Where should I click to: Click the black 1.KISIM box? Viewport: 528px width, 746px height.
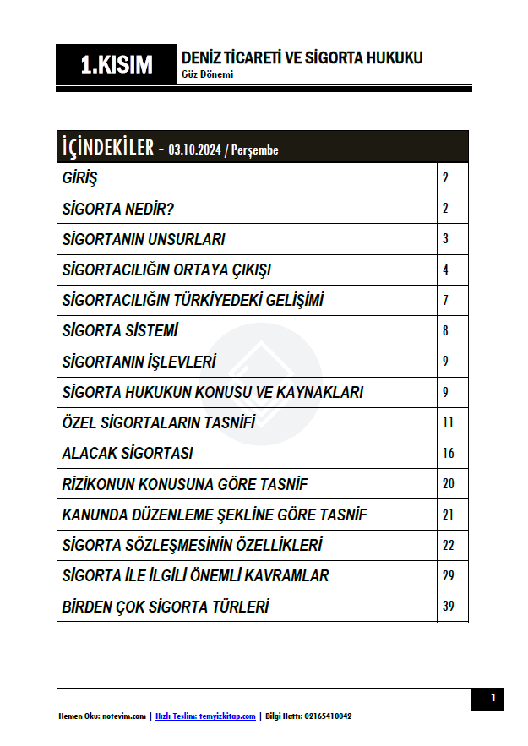pyautogui.click(x=117, y=65)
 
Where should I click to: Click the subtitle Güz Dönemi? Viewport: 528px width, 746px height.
pyautogui.click(x=207, y=74)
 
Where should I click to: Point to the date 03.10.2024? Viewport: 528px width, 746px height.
pyautogui.click(x=194, y=150)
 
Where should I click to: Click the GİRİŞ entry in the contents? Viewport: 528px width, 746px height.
pyautogui.click(x=80, y=178)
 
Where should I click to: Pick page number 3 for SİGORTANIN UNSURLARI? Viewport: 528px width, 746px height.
pyautogui.click(x=445, y=239)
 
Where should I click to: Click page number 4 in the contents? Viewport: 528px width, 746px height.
pyautogui.click(x=445, y=270)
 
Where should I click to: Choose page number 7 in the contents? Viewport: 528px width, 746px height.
pyautogui.click(x=445, y=300)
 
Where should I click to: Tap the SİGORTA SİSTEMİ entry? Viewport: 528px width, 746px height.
pyautogui.click(x=120, y=331)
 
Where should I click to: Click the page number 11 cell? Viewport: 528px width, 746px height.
pyautogui.click(x=448, y=422)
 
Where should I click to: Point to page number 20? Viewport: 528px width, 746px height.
pyautogui.click(x=448, y=484)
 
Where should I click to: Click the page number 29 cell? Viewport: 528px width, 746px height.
pyautogui.click(x=448, y=575)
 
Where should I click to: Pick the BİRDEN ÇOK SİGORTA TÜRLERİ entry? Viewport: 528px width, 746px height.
pyautogui.click(x=166, y=607)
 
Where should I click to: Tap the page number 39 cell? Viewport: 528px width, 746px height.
pyautogui.click(x=448, y=607)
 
